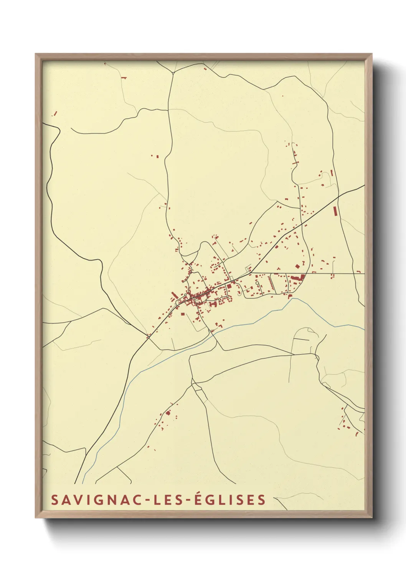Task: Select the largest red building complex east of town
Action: click(297, 277)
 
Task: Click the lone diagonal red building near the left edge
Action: click(55, 114)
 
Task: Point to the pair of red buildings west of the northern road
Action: click(155, 156)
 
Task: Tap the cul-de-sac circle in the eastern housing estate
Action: click(257, 283)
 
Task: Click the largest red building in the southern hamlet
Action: click(168, 413)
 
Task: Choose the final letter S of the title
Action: click(262, 500)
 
